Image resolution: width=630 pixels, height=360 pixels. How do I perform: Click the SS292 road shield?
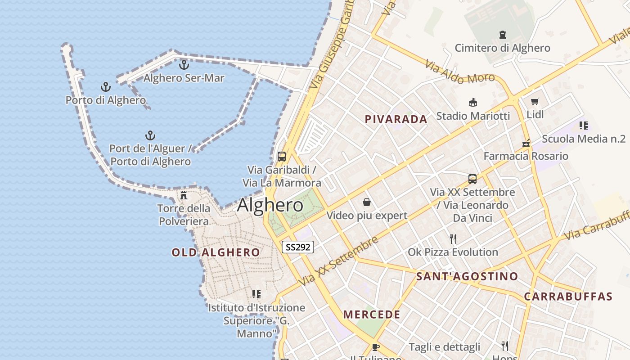click(297, 247)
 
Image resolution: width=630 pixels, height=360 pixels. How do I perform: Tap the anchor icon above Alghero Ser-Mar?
click(184, 65)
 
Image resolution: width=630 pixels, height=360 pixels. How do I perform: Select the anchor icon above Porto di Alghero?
click(106, 87)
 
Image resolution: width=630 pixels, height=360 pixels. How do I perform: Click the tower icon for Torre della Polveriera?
click(184, 195)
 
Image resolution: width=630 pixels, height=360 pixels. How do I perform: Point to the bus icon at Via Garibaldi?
click(282, 157)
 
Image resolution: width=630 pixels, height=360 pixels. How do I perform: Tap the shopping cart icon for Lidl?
click(535, 102)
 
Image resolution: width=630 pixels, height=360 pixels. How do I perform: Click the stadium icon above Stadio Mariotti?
click(473, 103)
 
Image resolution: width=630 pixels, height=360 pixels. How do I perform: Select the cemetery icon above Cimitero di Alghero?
click(502, 35)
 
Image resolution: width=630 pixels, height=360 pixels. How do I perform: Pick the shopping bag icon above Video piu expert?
click(367, 202)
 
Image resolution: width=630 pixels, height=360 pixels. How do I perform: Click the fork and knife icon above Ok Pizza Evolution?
click(453, 238)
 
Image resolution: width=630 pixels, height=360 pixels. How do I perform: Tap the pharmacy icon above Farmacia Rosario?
click(526, 144)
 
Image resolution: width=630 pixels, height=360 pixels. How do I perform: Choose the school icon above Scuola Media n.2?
click(584, 126)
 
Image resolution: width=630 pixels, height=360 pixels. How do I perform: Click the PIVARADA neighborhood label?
click(396, 119)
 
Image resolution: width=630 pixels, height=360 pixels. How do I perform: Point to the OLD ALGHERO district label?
click(216, 252)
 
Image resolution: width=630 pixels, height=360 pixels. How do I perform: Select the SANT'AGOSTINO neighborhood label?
click(467, 276)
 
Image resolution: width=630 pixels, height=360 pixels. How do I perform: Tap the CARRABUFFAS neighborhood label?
click(568, 297)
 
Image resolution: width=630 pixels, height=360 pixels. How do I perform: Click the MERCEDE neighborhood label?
click(372, 315)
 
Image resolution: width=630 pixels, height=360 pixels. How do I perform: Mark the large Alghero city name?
click(270, 205)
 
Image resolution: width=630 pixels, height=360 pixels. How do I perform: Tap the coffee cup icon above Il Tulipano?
click(376, 346)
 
